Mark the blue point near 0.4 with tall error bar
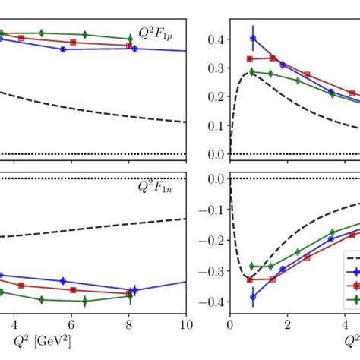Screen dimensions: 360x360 pyautogui.click(x=253, y=38)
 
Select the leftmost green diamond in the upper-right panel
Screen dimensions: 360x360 pyautogui.click(x=252, y=72)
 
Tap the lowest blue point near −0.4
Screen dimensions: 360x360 pyautogui.click(x=253, y=297)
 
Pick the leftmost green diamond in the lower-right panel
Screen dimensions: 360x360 pyautogui.click(x=252, y=267)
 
